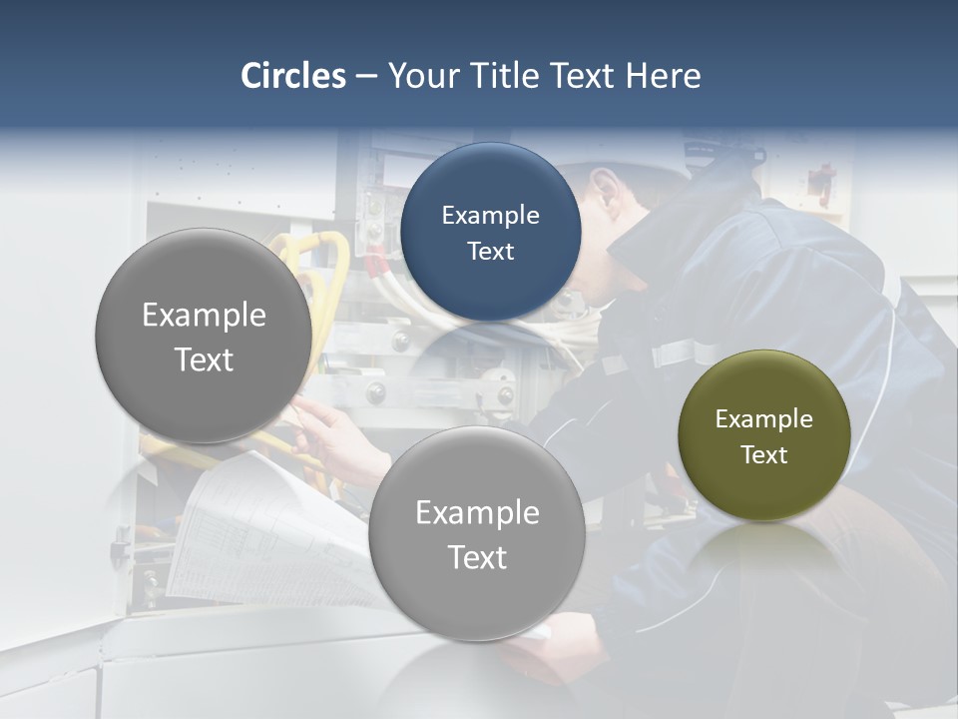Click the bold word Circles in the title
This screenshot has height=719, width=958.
293,76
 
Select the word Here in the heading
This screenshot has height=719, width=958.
663,76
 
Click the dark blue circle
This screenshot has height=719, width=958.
490,233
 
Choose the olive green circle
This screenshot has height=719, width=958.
763,436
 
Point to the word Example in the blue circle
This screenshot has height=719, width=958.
490,216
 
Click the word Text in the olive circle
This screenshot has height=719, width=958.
763,455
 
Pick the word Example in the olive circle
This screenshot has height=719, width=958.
763,419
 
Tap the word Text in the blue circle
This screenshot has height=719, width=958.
490,252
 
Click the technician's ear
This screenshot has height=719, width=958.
603,186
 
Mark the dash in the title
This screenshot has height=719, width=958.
365,77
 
